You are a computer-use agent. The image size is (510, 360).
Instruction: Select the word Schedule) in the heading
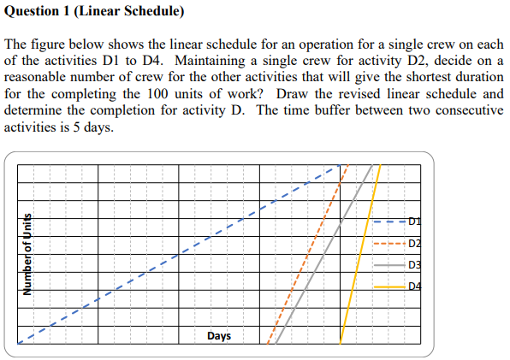coord(151,12)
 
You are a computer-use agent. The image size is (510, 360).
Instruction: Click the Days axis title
coord(218,336)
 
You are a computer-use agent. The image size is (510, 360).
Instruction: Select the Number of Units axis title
coord(27,254)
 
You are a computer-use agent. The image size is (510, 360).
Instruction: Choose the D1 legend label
coord(414,222)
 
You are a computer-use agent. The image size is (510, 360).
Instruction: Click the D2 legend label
coord(414,244)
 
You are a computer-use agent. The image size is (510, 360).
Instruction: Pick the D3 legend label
coord(414,265)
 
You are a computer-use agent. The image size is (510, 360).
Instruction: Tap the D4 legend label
coord(414,286)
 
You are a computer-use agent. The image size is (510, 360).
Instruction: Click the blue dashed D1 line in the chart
coord(171,258)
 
